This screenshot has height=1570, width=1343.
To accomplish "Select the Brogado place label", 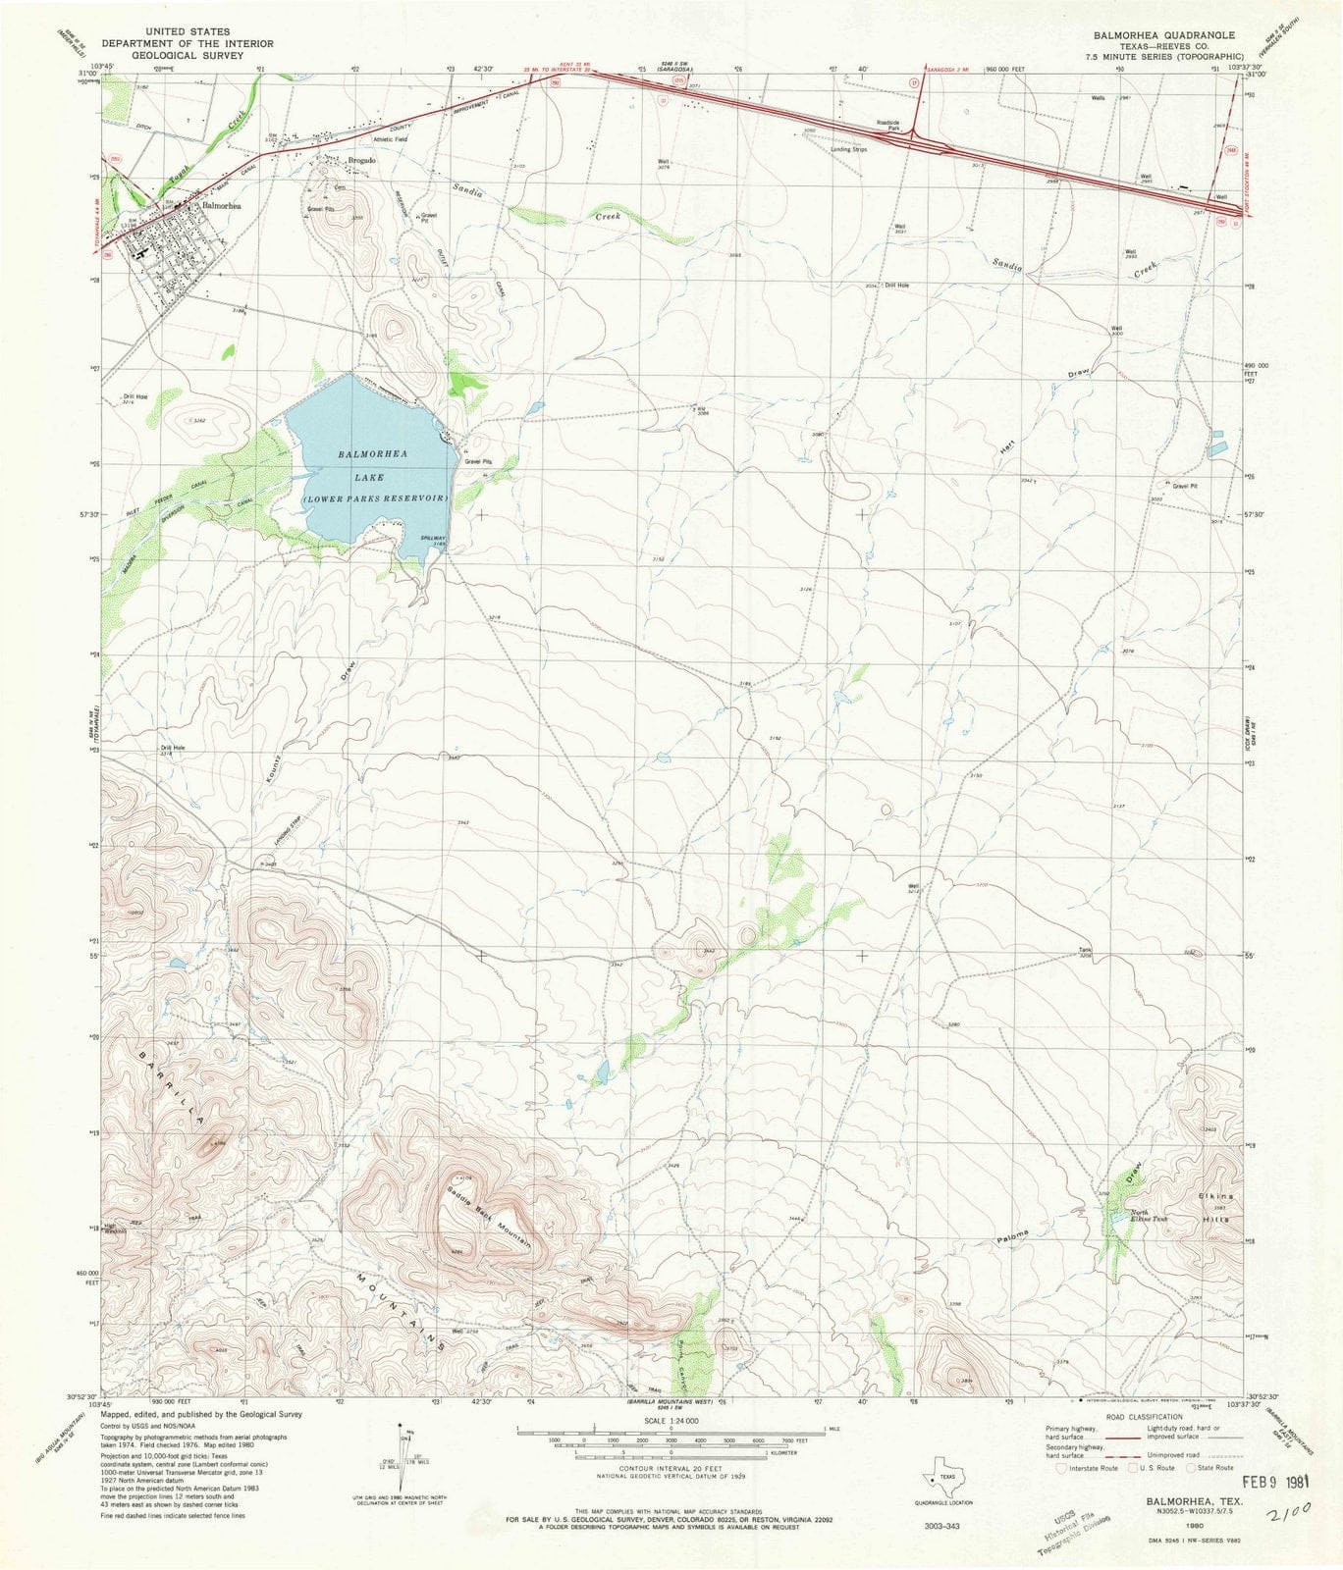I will [x=362, y=160].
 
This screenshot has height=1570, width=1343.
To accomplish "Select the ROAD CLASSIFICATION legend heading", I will [x=1143, y=1417].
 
